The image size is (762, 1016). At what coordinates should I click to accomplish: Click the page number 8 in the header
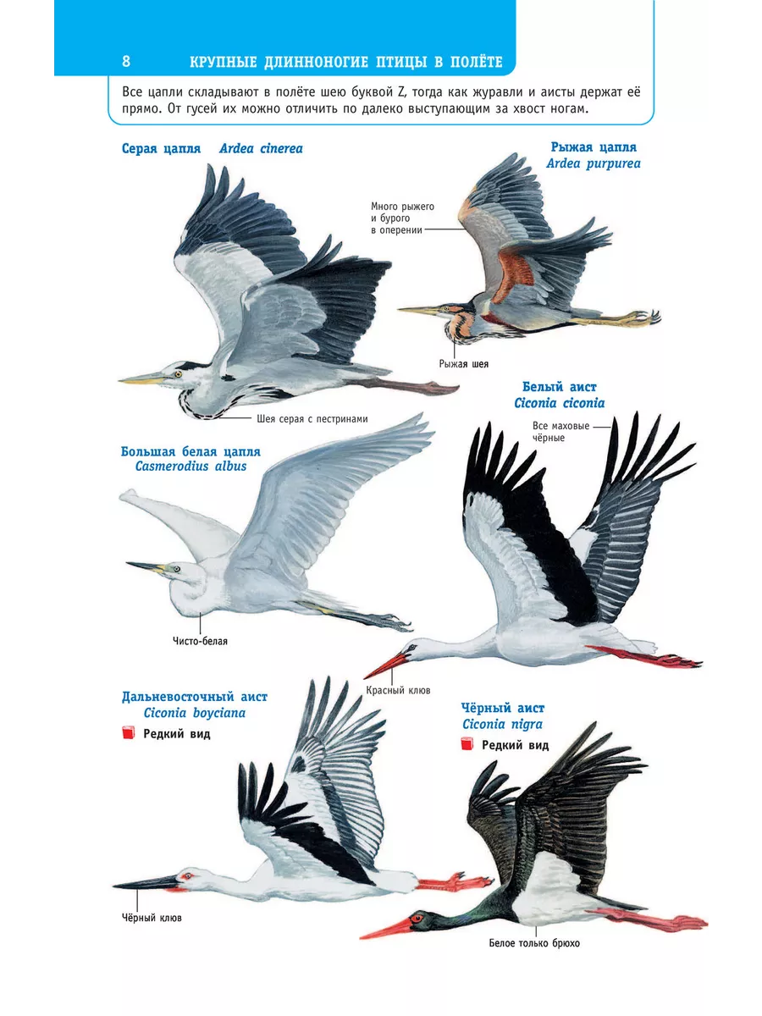tap(126, 62)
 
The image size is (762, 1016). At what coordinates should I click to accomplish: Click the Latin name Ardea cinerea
tap(261, 148)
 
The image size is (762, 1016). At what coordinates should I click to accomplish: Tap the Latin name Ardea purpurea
tap(594, 164)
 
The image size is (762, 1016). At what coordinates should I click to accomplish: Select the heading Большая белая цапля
tap(190, 451)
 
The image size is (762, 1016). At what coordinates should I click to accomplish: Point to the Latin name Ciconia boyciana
tap(195, 713)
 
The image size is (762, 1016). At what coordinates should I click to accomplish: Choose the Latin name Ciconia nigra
tap(502, 724)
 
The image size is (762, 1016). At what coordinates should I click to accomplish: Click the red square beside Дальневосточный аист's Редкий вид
tap(128, 732)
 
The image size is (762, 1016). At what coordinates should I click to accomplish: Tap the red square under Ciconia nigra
tap(467, 744)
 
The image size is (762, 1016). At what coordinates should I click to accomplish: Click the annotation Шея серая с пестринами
tap(312, 419)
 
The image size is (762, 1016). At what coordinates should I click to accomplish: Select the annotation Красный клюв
tap(398, 690)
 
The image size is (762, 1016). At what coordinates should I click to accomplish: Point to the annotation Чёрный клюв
tap(152, 917)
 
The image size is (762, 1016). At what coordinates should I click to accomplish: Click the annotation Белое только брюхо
tap(534, 943)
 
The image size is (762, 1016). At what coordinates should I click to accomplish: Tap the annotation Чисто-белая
tap(200, 641)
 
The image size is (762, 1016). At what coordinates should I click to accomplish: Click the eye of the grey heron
tap(178, 374)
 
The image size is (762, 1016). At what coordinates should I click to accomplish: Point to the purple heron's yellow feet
tap(641, 317)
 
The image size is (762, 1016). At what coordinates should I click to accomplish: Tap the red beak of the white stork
tap(386, 664)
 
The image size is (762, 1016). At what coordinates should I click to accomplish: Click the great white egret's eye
tap(175, 568)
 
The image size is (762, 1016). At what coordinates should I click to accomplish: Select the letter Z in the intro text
tap(401, 92)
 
